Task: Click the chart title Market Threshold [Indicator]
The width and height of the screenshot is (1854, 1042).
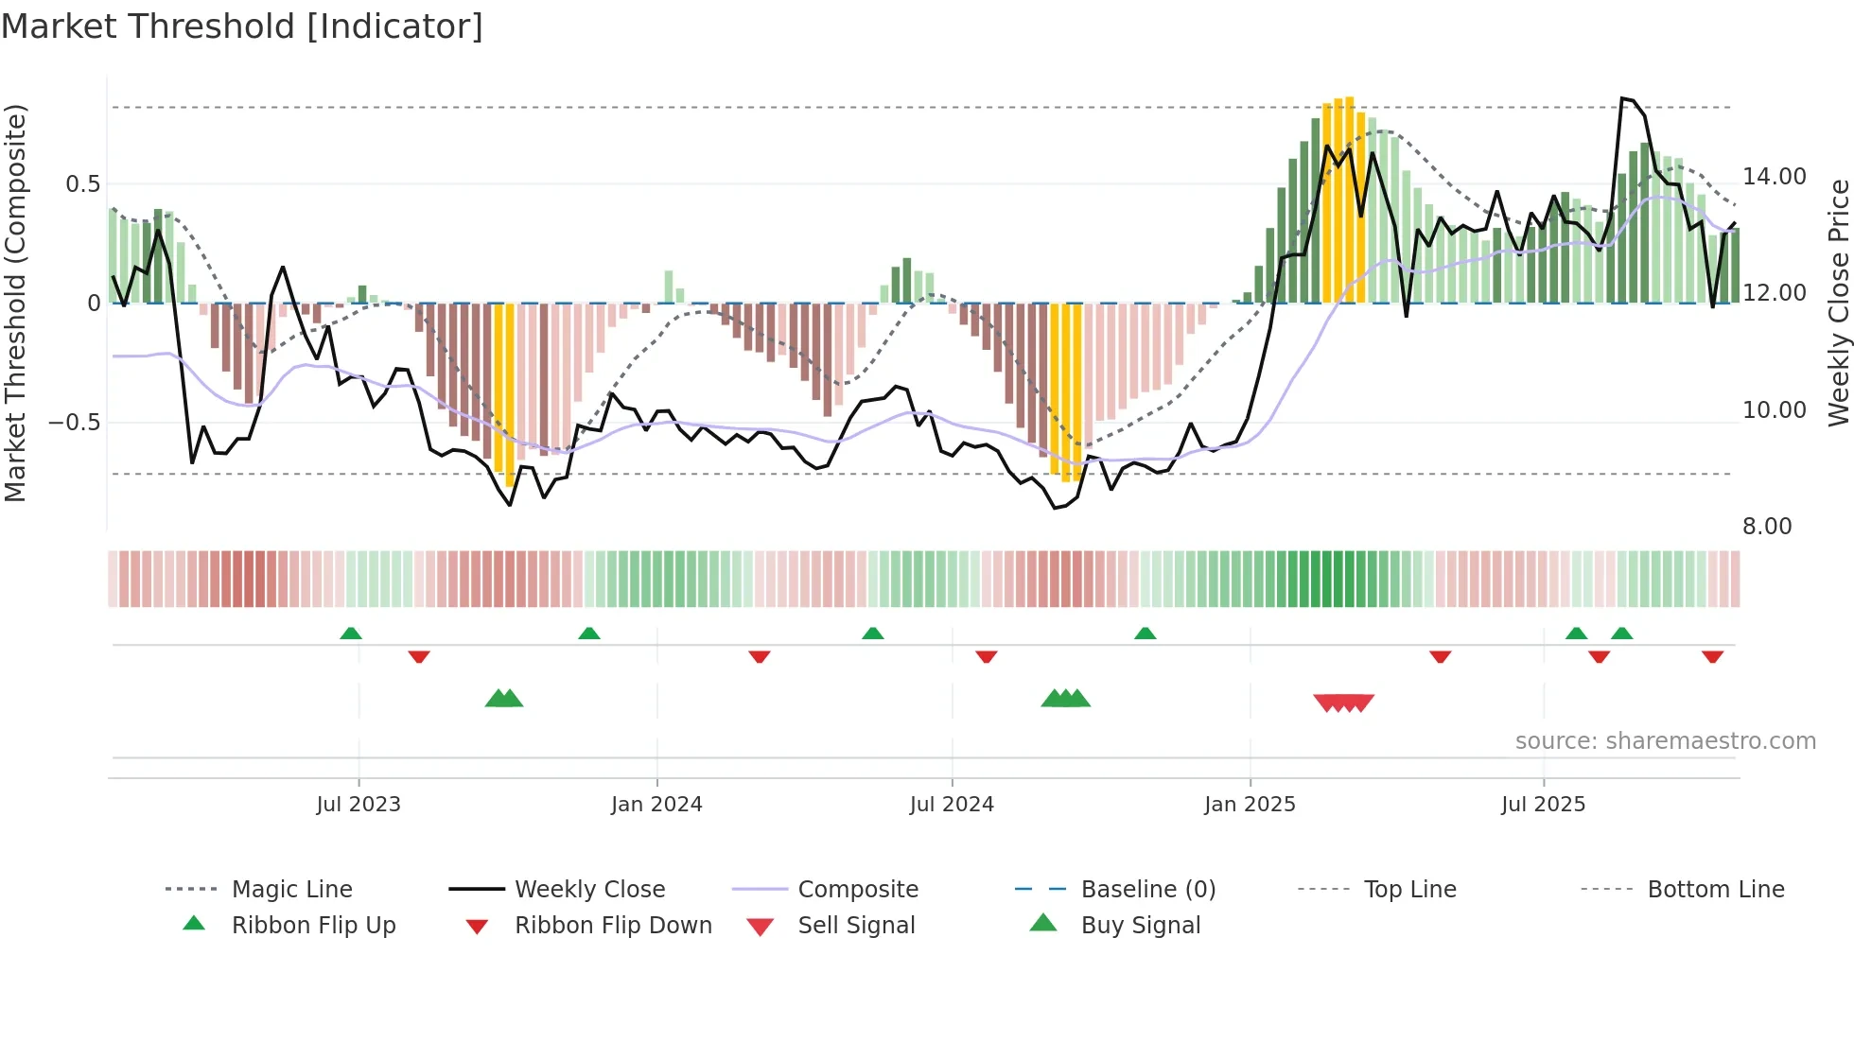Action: (x=242, y=26)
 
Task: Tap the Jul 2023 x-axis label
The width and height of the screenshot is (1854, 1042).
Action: (x=359, y=805)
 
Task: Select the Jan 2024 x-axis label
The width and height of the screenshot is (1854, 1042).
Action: (x=656, y=805)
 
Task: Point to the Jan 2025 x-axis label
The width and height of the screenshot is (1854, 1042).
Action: (x=1250, y=805)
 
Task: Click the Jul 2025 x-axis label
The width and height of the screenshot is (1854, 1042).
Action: (x=1543, y=805)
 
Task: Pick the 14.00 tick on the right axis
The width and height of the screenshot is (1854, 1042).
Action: (x=1775, y=177)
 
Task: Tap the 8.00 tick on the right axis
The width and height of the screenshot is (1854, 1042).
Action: (x=1767, y=527)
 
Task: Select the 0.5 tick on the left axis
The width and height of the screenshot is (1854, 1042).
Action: (x=82, y=184)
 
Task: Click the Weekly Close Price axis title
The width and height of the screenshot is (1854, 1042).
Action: (x=1838, y=303)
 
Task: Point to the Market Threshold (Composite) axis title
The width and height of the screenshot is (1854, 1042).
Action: (x=15, y=303)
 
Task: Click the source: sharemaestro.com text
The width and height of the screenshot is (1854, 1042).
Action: (x=1665, y=741)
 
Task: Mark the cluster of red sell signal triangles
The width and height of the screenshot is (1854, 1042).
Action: (x=1343, y=703)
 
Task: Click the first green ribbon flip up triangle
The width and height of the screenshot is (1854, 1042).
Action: (x=351, y=633)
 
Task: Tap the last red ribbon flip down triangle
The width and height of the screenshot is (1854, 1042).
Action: (x=1712, y=657)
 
